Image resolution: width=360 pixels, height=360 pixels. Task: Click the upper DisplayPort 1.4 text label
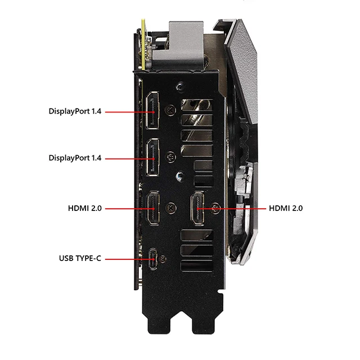75,111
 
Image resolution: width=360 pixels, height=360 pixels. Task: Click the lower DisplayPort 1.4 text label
75,159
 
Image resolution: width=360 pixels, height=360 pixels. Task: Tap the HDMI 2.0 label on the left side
84,208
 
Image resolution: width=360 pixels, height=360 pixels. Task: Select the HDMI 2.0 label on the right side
286,208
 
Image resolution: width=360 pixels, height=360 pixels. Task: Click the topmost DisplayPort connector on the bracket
153,111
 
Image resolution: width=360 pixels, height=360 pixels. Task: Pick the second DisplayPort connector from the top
153,159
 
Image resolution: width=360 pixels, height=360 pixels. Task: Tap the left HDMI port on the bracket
153,208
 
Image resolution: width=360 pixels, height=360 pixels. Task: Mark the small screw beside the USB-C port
164,259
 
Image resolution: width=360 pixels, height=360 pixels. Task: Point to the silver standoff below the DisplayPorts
178,175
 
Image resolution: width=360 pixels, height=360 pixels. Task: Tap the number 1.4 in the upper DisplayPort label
96,111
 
